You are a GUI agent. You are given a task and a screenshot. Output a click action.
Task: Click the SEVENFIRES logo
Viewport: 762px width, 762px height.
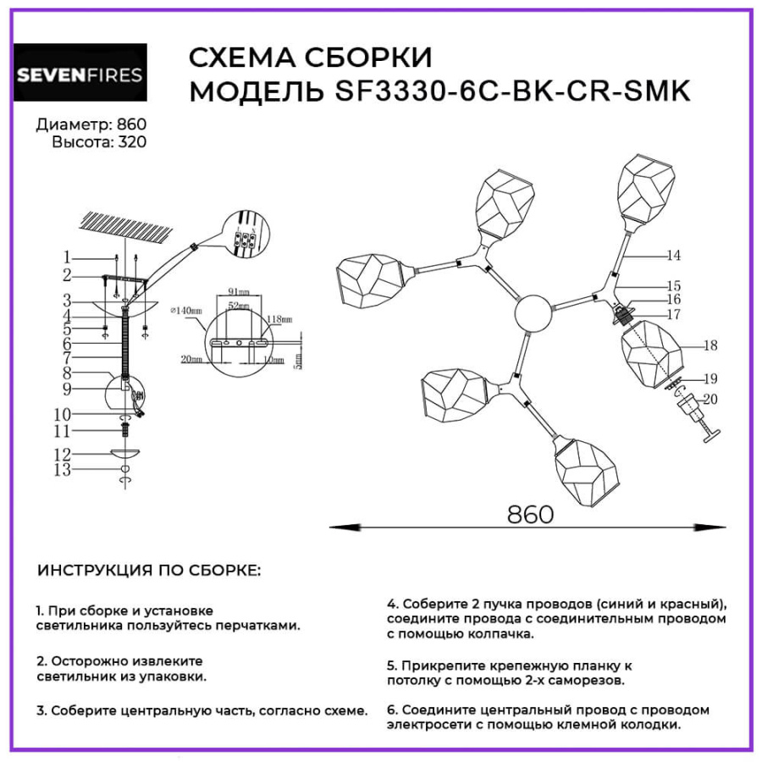click(x=80, y=75)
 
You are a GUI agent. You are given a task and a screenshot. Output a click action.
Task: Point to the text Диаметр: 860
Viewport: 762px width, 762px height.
click(x=91, y=125)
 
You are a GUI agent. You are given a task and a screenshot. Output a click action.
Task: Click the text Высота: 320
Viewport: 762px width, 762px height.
click(x=99, y=142)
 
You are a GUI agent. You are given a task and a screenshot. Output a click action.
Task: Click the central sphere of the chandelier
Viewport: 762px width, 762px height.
click(x=533, y=313)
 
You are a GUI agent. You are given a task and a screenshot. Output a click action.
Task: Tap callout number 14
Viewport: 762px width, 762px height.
click(x=673, y=255)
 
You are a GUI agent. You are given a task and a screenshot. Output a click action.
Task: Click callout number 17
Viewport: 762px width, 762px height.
click(x=673, y=314)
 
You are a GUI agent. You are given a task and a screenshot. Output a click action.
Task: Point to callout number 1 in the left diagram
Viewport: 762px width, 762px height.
click(x=66, y=257)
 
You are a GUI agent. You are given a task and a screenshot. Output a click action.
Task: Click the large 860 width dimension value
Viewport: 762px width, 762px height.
click(x=530, y=514)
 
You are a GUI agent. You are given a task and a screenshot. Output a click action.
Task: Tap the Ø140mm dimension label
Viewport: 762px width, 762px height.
click(x=187, y=312)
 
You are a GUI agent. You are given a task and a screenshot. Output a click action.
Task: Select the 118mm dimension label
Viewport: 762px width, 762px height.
click(x=279, y=321)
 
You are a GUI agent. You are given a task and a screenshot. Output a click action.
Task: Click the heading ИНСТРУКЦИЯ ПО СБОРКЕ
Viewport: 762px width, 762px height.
click(x=149, y=571)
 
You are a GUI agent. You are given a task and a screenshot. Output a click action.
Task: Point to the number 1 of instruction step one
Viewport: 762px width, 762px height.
click(x=39, y=610)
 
